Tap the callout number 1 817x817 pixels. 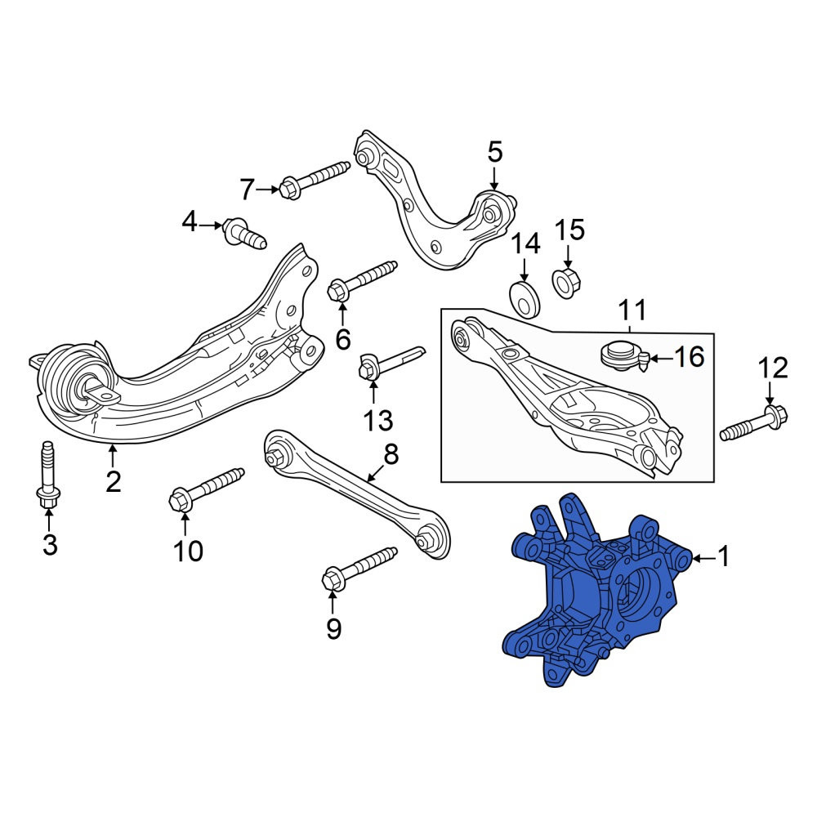[723, 557]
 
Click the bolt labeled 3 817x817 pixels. [48, 474]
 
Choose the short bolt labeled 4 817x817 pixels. [244, 234]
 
